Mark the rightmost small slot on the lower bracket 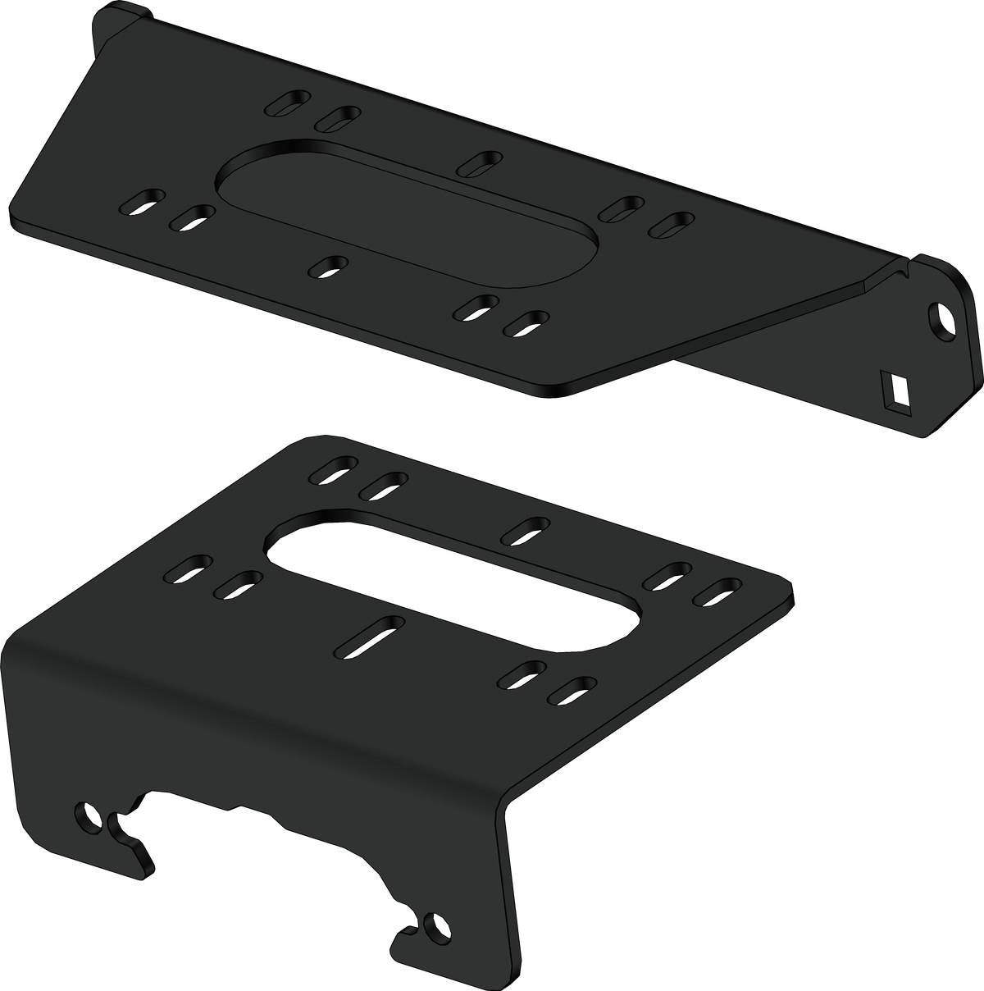717,592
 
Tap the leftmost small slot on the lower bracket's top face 187,569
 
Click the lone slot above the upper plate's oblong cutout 480,162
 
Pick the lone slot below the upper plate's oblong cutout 330,266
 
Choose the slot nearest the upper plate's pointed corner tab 288,105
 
